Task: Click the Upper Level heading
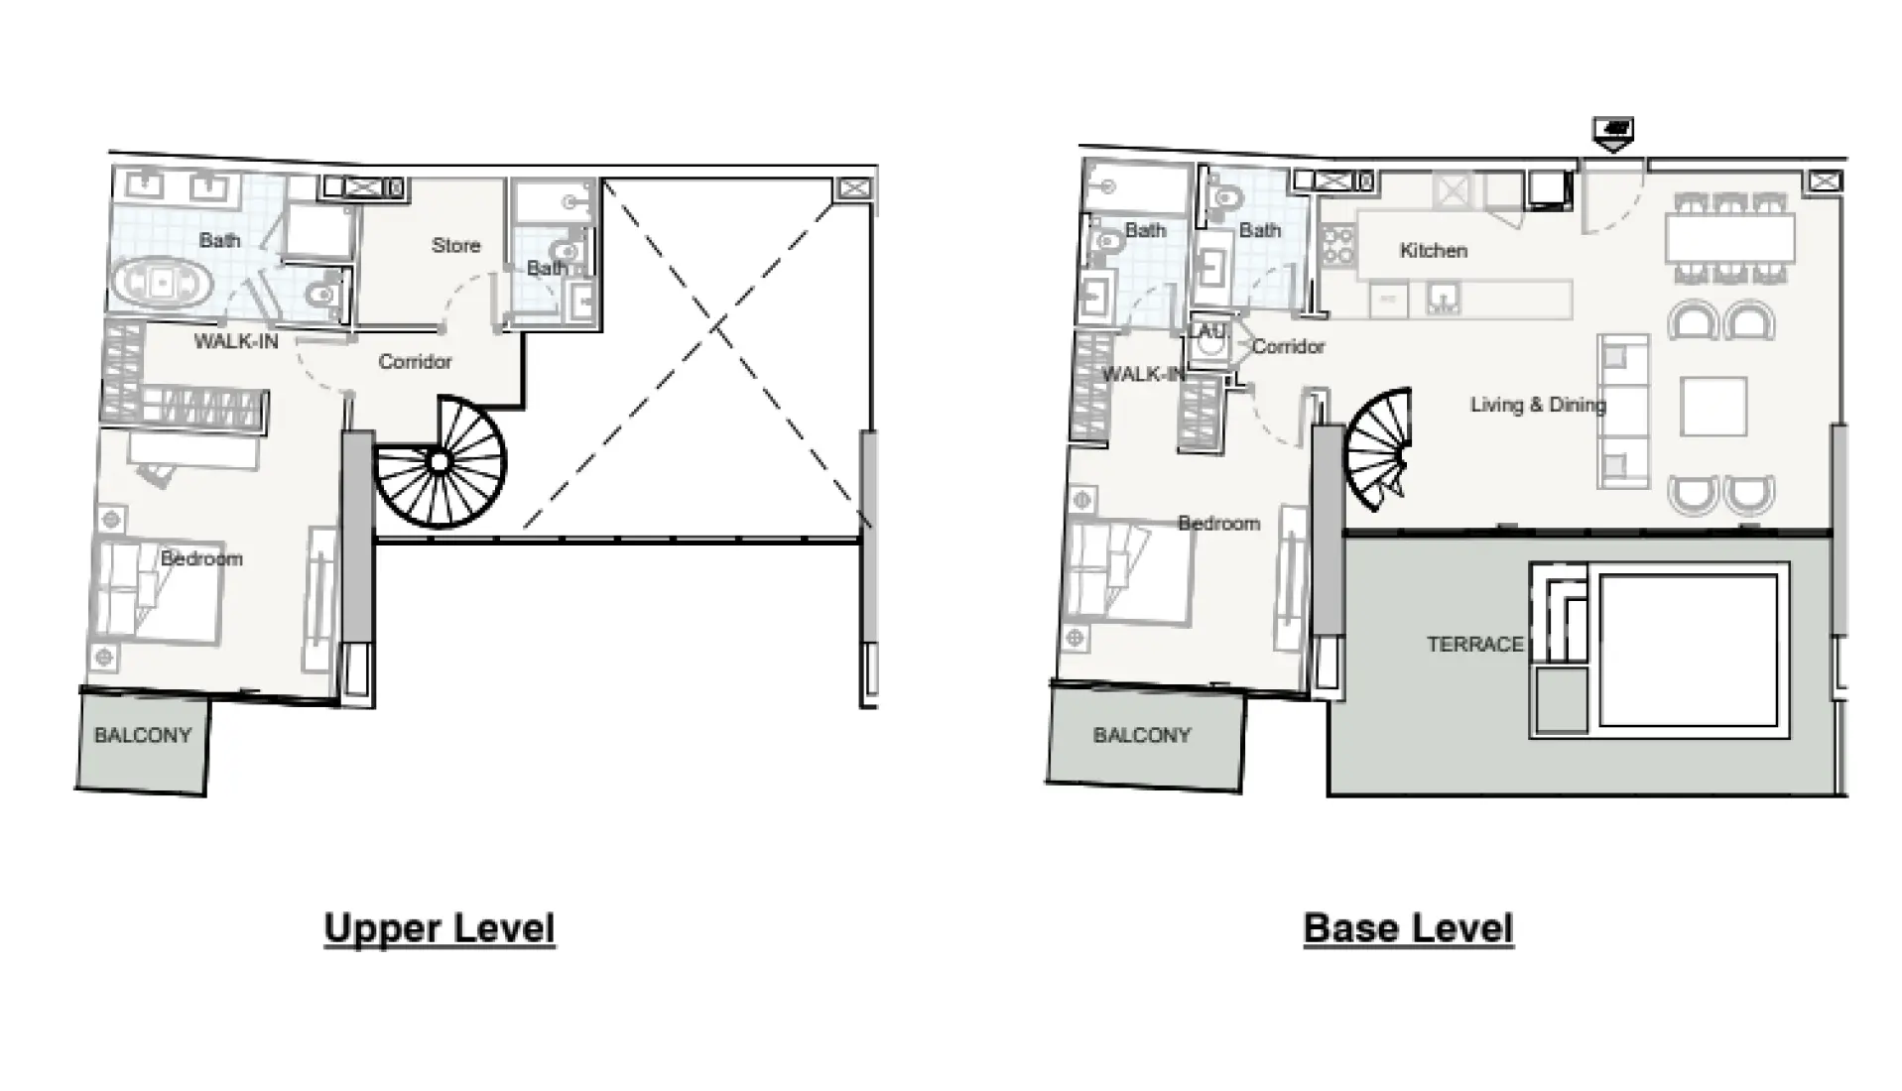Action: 439,928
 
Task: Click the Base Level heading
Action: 1407,928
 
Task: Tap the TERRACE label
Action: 1474,645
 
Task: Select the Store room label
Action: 455,245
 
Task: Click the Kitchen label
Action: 1433,251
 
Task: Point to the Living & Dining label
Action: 1537,405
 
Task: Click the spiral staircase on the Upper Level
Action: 441,462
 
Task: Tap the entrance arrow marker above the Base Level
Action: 1613,131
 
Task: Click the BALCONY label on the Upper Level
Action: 142,736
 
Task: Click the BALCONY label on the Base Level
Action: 1141,736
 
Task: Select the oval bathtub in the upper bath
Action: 161,284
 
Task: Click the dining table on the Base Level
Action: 1730,239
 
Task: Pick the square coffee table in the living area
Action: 1713,406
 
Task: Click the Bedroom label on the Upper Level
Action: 201,558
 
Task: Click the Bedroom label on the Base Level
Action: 1218,524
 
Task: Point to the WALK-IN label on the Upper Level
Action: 236,341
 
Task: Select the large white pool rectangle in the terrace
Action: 1687,652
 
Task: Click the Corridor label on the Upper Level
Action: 415,362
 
